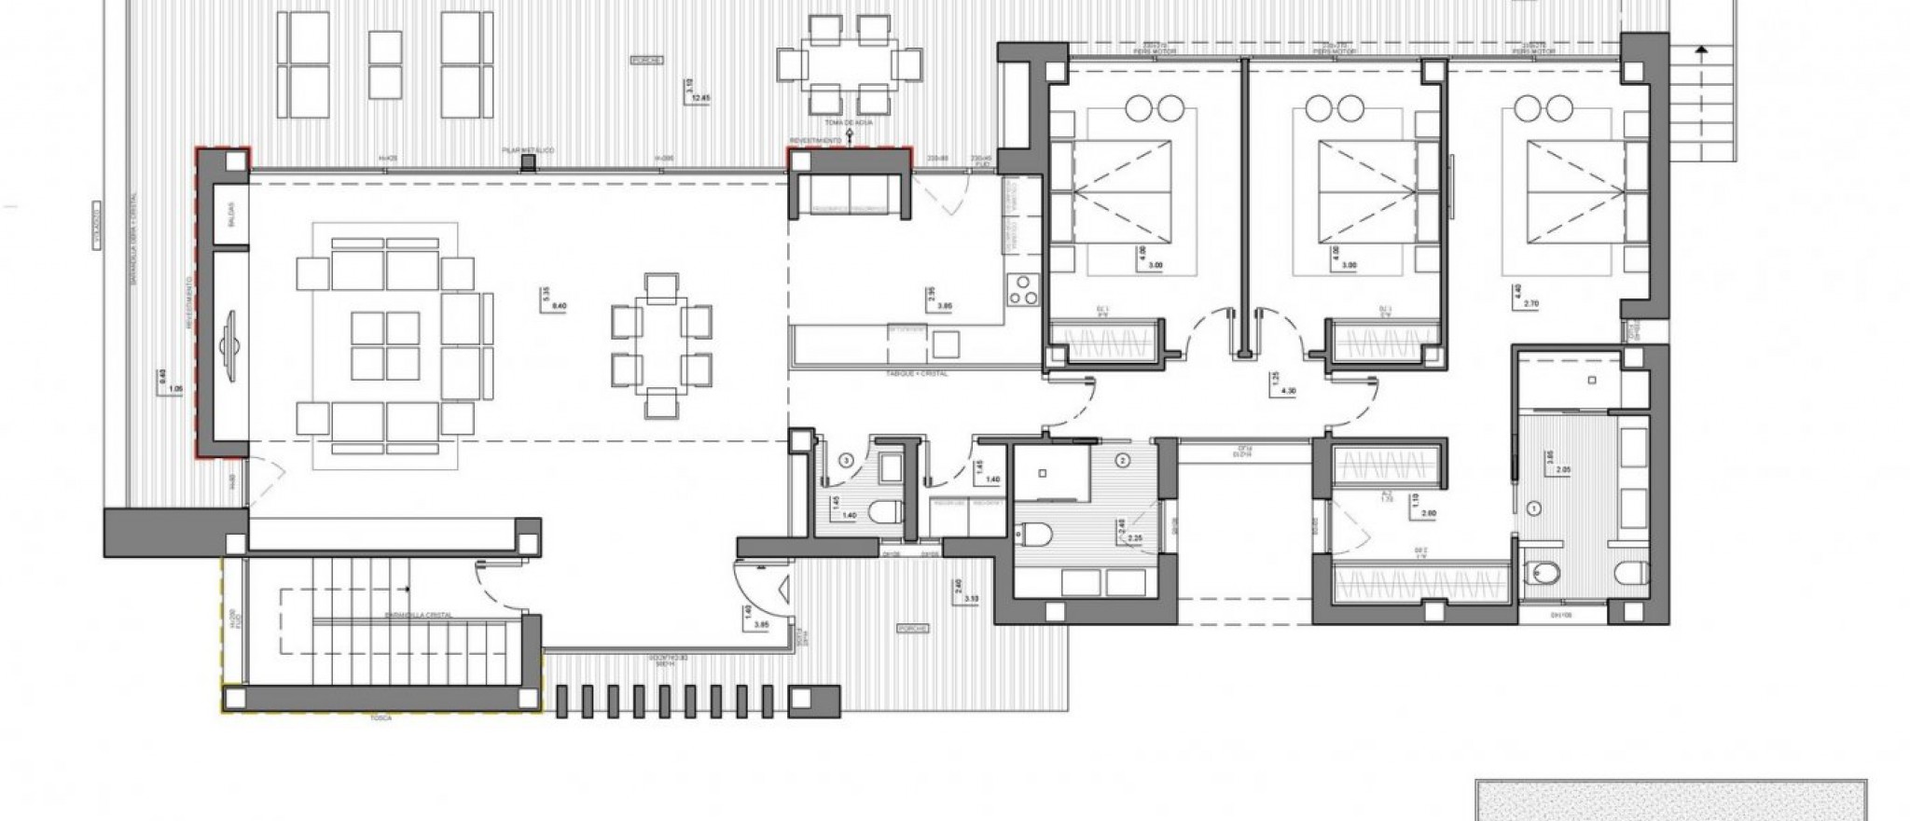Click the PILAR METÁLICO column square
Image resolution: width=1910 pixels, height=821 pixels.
pos(529,162)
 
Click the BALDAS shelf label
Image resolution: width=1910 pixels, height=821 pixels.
pos(230,215)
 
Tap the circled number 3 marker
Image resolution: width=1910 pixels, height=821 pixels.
pos(846,459)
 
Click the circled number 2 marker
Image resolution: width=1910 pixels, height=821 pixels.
pos(1123,459)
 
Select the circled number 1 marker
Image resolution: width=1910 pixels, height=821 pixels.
pos(1534,508)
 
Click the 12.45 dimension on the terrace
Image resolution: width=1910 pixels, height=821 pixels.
pos(693,97)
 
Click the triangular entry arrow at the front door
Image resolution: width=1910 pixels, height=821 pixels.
pos(784,591)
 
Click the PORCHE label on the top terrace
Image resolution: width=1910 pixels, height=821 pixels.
pos(646,59)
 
